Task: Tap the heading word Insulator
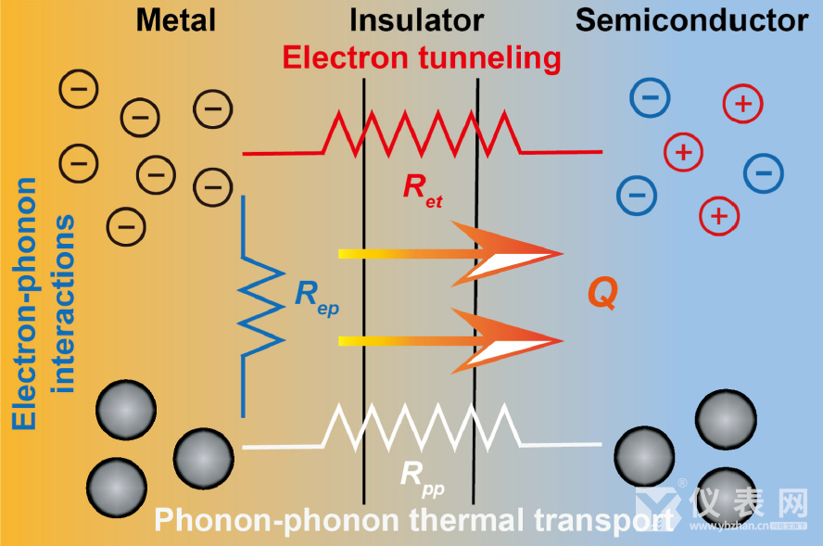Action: [x=417, y=20]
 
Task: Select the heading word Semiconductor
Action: [x=691, y=20]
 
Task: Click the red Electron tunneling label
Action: [x=422, y=58]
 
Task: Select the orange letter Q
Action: [x=601, y=294]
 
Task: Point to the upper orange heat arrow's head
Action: [x=519, y=251]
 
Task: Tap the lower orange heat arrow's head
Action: [x=519, y=340]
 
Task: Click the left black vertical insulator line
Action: [x=363, y=278]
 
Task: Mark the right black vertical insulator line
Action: [x=477, y=278]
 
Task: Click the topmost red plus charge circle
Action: [x=742, y=104]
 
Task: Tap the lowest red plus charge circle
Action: [x=717, y=216]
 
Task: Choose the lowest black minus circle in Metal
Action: [x=126, y=224]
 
